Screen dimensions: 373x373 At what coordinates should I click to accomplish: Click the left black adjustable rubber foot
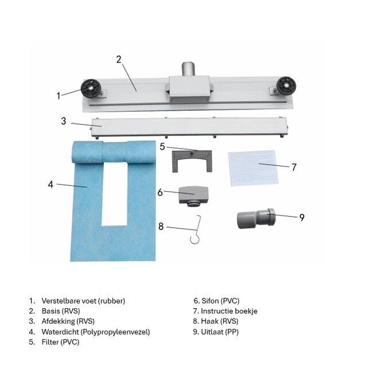[91, 88]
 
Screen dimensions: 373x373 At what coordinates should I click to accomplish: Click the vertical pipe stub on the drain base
[189, 69]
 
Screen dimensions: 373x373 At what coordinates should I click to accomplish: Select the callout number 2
[119, 60]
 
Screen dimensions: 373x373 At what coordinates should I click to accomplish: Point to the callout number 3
[64, 121]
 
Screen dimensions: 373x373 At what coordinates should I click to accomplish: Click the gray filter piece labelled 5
[192, 161]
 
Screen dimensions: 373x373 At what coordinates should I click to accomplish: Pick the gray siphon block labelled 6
[193, 196]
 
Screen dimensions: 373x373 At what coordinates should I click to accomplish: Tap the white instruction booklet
[253, 168]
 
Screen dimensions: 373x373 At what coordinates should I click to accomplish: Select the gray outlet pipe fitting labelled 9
[256, 218]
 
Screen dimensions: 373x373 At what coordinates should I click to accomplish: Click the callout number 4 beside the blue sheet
[50, 184]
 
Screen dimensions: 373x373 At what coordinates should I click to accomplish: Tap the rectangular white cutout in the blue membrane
[114, 194]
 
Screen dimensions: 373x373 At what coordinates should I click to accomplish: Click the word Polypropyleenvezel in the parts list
[115, 332]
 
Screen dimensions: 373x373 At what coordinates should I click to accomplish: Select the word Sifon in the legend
[209, 301]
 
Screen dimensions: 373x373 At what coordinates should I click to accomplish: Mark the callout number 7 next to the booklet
[294, 167]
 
